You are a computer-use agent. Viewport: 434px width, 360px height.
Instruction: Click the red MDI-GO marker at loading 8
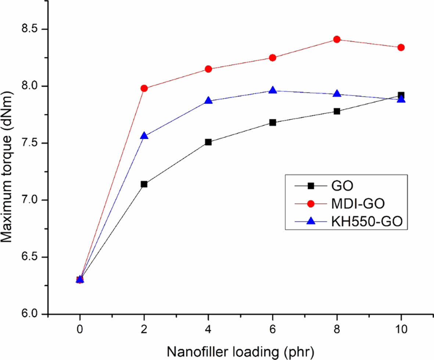[x=337, y=39]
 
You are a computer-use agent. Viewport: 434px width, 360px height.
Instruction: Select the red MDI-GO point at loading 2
[x=144, y=88]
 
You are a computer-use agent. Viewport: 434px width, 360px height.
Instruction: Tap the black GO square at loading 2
[x=144, y=184]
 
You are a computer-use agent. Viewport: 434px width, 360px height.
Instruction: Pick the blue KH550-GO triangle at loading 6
[x=273, y=90]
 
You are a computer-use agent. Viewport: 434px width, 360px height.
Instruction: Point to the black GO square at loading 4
[x=208, y=142]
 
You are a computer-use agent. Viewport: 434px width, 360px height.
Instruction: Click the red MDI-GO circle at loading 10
[x=401, y=47]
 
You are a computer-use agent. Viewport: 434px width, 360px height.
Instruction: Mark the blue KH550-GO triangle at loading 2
[x=144, y=136]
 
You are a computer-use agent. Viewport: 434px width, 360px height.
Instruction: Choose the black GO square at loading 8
[x=337, y=111]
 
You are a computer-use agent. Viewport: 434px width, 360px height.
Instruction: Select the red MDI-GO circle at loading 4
[x=208, y=69]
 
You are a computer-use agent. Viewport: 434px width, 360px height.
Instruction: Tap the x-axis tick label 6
[x=273, y=329]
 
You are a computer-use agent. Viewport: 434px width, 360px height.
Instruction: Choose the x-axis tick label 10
[x=401, y=329]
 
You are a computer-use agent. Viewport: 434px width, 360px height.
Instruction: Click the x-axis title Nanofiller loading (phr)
[x=241, y=350]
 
